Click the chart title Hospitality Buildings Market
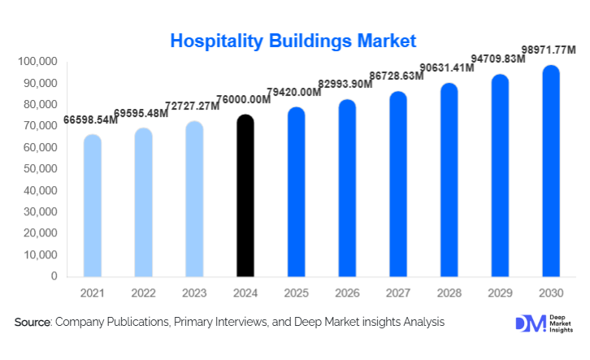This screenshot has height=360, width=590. click(x=293, y=40)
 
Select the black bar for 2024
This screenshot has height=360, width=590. click(x=245, y=195)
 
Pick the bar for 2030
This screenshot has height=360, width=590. click(x=551, y=171)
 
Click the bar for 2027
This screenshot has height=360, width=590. click(x=398, y=184)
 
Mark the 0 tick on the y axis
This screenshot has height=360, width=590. click(x=54, y=276)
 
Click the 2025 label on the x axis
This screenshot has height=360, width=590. click(x=296, y=293)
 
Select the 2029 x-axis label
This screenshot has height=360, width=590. click(x=500, y=293)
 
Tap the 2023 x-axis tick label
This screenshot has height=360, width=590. click(x=194, y=293)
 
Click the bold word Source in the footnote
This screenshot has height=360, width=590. click(x=33, y=323)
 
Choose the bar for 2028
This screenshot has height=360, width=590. click(x=449, y=180)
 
